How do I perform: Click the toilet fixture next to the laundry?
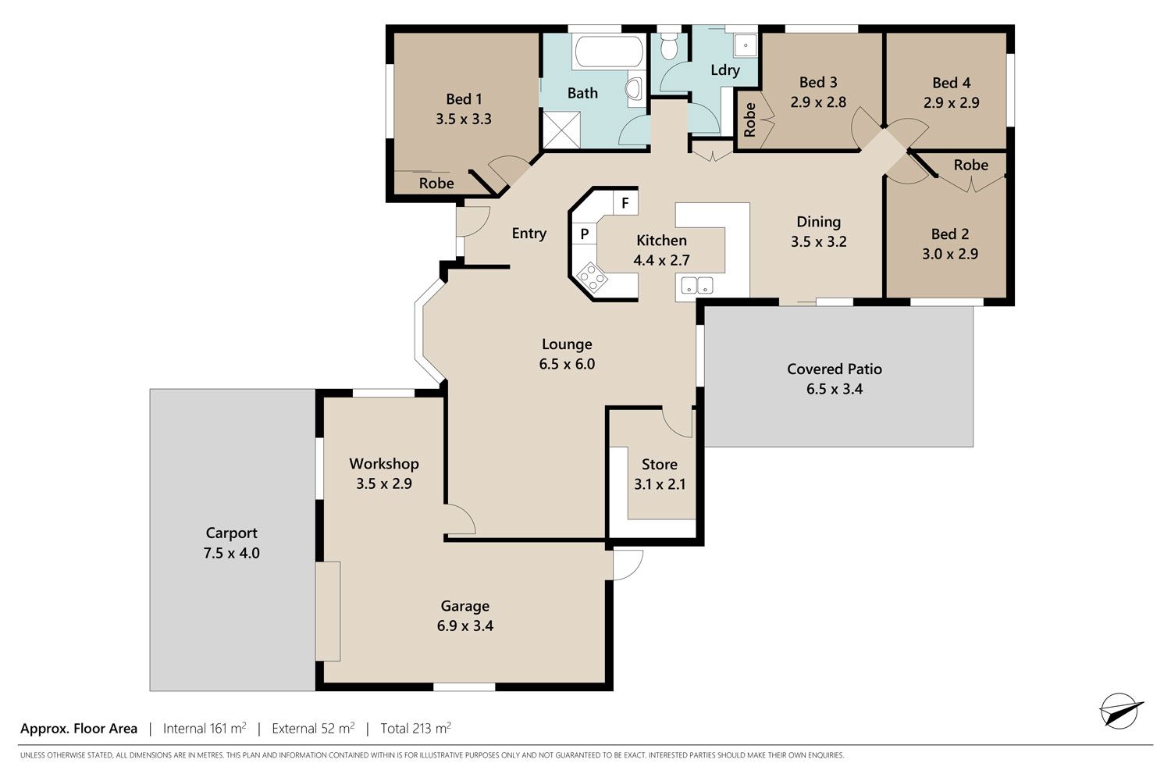coord(668,45)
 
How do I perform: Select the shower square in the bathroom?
coord(561,129)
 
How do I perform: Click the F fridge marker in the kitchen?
coord(625,203)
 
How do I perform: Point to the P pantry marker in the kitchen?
coord(585,234)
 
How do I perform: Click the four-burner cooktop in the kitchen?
coord(592,276)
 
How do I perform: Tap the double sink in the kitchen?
coord(697,286)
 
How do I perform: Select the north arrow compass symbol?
coord(1121,710)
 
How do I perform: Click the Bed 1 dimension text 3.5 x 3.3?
coord(464,119)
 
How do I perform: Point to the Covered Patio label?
coord(835,369)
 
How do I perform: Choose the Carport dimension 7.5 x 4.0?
coord(232,553)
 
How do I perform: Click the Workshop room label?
coord(384,464)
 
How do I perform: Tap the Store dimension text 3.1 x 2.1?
coord(660,484)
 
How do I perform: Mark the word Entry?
coord(529,234)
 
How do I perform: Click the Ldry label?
coord(725,70)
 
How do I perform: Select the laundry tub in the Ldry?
coord(746,45)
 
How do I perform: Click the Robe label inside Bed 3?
coord(749,119)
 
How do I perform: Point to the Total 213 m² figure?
coord(415,728)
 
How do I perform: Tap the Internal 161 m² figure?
coord(205,728)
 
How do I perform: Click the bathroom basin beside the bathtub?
coord(635,89)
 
